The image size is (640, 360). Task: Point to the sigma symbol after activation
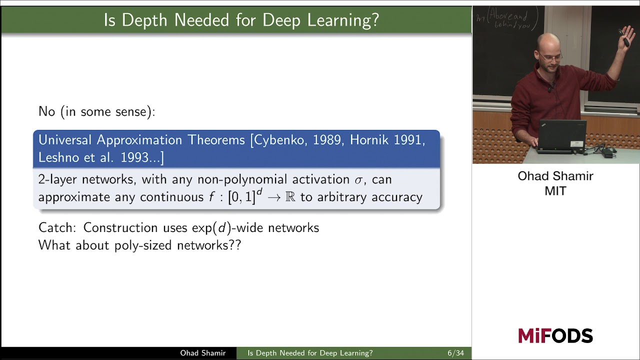(359, 179)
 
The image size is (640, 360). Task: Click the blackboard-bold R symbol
(290, 197)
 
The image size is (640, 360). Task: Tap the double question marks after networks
(235, 245)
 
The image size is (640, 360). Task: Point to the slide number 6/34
(455, 353)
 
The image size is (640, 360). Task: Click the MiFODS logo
(555, 335)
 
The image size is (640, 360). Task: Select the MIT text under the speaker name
(555, 191)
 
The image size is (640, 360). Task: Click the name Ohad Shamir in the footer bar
(202, 353)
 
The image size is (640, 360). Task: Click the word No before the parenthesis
(46, 111)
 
